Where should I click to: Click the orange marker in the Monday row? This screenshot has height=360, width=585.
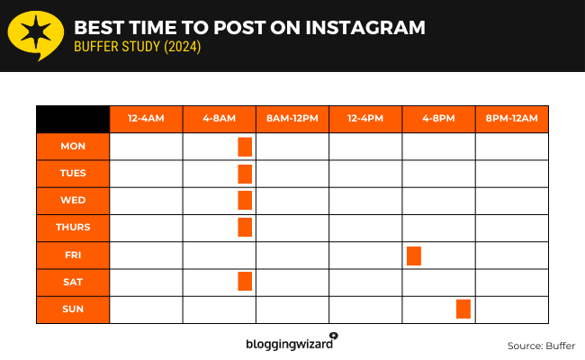pyautogui.click(x=245, y=147)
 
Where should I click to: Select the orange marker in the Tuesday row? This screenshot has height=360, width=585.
pyautogui.click(x=245, y=174)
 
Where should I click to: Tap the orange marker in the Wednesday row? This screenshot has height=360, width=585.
pyautogui.click(x=245, y=200)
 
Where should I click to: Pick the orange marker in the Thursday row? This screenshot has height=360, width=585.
pyautogui.click(x=245, y=227)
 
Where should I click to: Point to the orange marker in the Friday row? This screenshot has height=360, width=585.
pyautogui.click(x=414, y=255)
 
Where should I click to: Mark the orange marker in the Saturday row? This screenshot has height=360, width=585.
pyautogui.click(x=245, y=281)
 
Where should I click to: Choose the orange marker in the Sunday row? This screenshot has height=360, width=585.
pyautogui.click(x=463, y=309)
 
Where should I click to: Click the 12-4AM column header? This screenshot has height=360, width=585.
pyautogui.click(x=146, y=119)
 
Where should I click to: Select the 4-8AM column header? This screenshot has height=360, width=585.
pyautogui.click(x=219, y=119)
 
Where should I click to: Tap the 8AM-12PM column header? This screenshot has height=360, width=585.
pyautogui.click(x=292, y=119)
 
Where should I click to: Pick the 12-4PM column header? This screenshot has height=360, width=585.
pyautogui.click(x=365, y=119)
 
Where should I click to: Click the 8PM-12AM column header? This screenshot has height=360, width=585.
pyautogui.click(x=511, y=119)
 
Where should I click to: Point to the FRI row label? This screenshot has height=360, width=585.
pyautogui.click(x=73, y=255)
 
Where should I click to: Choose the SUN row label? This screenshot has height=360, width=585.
pyautogui.click(x=73, y=309)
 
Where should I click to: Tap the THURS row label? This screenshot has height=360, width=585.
pyautogui.click(x=73, y=227)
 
